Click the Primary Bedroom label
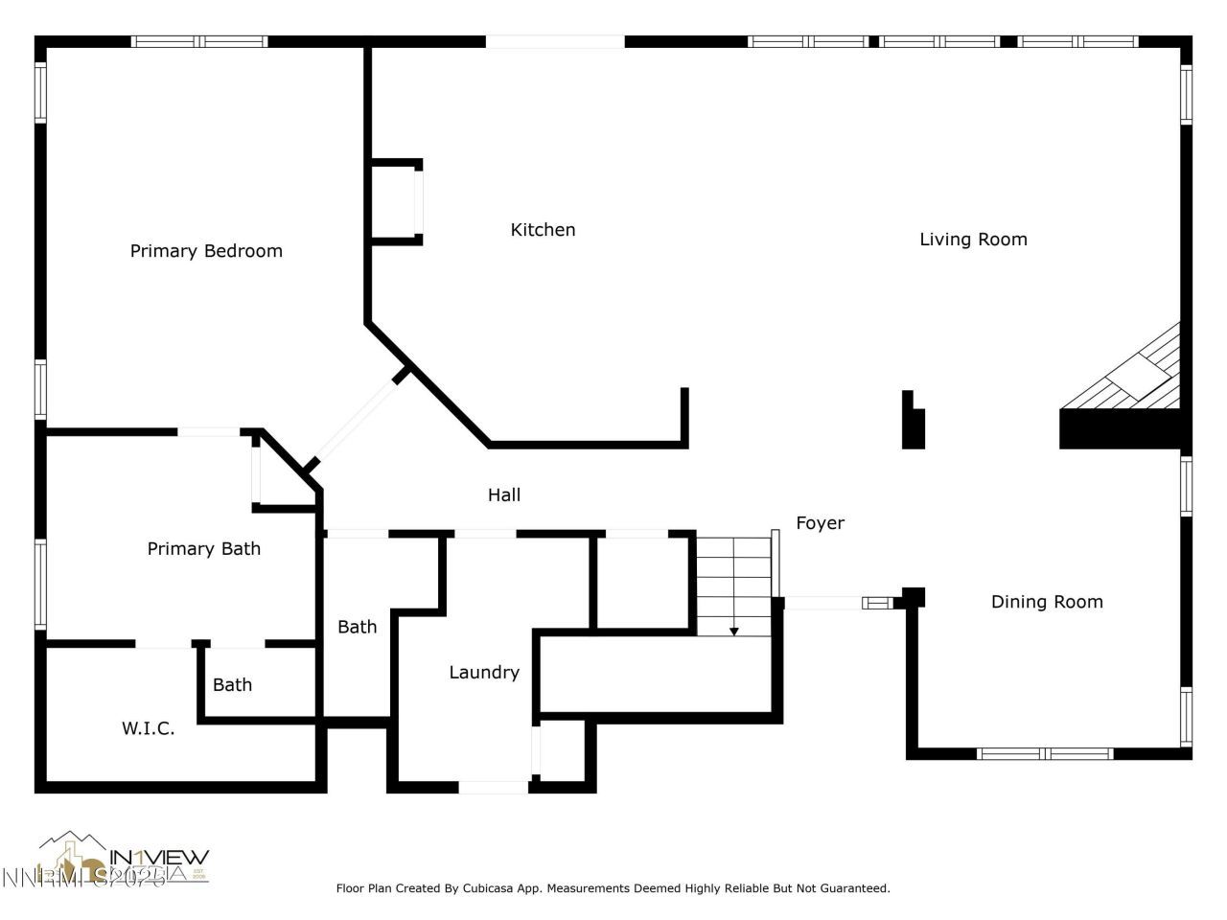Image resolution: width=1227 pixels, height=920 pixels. click(x=206, y=251)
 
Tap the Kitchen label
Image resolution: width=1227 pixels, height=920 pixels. click(x=543, y=230)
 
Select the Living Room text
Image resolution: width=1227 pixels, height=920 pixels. click(x=973, y=240)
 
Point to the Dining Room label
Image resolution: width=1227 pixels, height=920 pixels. click(x=1046, y=602)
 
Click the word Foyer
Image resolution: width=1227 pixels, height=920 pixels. click(x=820, y=523)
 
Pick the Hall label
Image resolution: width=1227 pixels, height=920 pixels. click(x=504, y=495)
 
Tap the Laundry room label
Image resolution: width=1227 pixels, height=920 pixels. click(x=484, y=673)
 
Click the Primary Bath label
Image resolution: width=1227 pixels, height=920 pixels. click(x=203, y=549)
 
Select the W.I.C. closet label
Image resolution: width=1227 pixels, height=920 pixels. click(x=148, y=728)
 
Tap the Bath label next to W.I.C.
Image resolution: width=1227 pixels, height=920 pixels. click(x=232, y=685)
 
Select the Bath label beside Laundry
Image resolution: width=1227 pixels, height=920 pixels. click(x=357, y=627)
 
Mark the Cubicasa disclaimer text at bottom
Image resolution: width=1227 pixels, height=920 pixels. click(x=613, y=888)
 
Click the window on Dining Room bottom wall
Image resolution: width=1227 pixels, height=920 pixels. click(x=1045, y=753)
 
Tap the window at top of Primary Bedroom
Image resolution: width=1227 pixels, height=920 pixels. click(x=199, y=41)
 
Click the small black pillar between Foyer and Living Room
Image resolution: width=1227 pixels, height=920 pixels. click(x=914, y=422)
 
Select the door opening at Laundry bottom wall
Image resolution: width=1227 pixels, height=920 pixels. click(x=493, y=788)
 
